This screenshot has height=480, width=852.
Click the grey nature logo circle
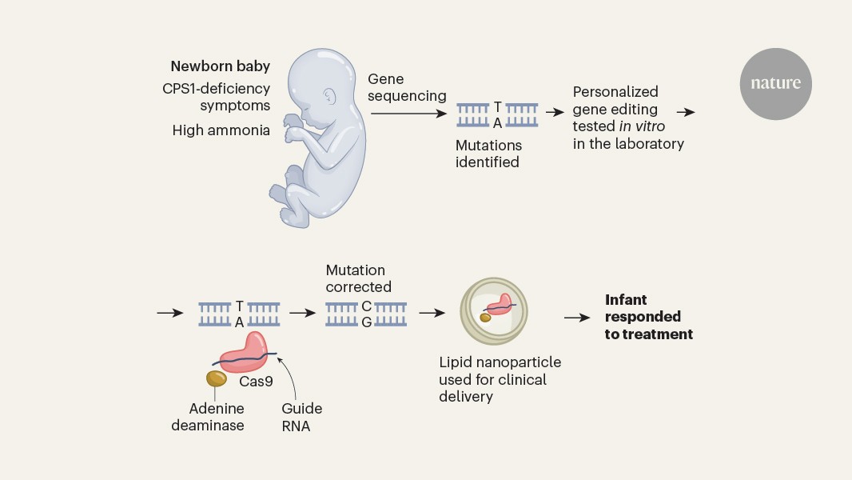coord(775,83)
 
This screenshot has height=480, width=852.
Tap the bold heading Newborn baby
coord(220,66)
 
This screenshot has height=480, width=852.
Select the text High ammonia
coord(221,130)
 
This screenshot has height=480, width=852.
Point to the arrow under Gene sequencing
coord(408,113)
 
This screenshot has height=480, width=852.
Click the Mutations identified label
coord(488,154)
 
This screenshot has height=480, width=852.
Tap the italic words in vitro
coord(642,126)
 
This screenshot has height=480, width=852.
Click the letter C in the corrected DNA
coord(366,306)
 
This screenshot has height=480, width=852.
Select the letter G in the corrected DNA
coord(366,322)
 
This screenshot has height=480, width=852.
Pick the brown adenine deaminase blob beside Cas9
coord(216,378)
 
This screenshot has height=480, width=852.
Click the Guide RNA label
coord(301,418)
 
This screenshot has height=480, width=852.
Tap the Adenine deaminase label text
coord(217,418)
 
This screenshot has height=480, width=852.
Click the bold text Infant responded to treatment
coord(648,317)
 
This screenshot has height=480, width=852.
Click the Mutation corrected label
coord(358,278)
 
